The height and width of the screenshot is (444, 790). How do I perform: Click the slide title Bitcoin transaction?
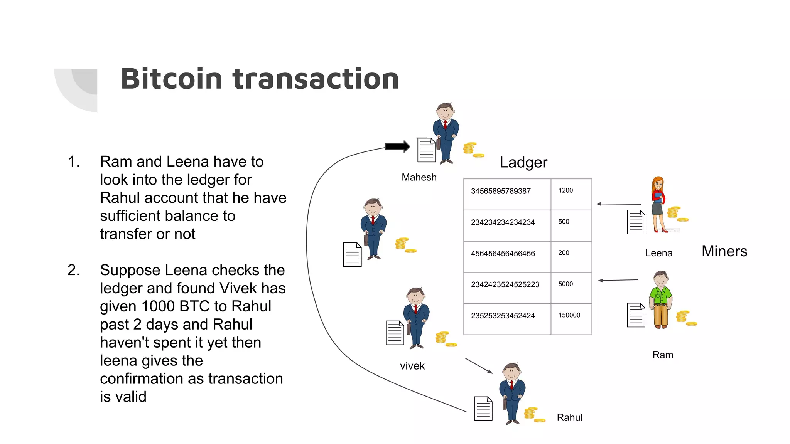tap(260, 79)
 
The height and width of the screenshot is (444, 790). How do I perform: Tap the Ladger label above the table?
tap(523, 162)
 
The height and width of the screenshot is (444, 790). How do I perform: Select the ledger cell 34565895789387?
tap(501, 191)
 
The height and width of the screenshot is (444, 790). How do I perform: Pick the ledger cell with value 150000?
tap(569, 315)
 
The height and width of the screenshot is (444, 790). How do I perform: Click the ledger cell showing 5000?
tap(565, 284)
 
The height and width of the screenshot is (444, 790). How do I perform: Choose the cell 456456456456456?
tap(503, 254)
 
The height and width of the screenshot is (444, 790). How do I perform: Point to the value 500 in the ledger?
tap(564, 222)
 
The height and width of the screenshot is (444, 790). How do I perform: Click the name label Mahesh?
tap(419, 177)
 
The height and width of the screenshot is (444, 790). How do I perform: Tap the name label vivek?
tap(412, 366)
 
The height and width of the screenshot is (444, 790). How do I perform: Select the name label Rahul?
tap(569, 417)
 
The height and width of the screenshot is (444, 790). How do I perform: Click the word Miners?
tap(724, 251)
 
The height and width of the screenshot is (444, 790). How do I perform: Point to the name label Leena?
tap(658, 253)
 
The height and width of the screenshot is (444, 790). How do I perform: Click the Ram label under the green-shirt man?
tap(662, 355)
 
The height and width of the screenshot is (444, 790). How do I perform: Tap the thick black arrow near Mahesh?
tap(397, 146)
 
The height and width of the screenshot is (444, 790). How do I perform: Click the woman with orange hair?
tap(658, 204)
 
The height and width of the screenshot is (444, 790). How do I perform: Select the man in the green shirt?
tap(661, 299)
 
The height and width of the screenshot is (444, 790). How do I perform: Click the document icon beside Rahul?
tap(483, 409)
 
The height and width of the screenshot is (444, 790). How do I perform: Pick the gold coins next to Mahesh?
tap(473, 150)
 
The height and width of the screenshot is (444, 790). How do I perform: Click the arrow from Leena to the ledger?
tap(618, 204)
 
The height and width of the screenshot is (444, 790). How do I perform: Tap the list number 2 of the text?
tap(73, 270)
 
